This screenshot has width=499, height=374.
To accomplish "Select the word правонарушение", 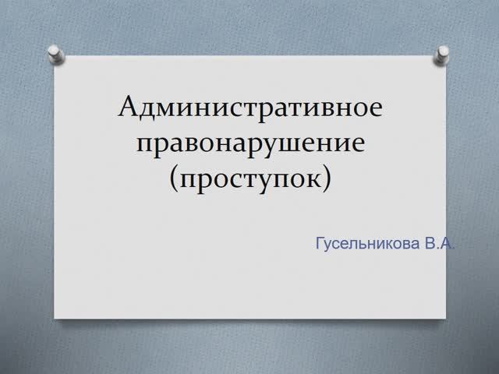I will [250, 143].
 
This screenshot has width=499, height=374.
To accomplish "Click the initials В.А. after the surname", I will [439, 243].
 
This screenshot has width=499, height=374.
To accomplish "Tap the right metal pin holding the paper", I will [444, 52].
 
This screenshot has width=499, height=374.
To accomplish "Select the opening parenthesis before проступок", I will [174, 178].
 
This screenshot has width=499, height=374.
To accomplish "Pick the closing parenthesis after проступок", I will [327, 178].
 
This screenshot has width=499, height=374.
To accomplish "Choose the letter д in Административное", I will [148, 108].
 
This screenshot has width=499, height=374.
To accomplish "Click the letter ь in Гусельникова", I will [356, 244].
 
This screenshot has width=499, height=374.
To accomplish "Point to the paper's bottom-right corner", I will [446, 317].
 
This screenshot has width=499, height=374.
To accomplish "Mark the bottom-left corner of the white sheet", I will [55, 317].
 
